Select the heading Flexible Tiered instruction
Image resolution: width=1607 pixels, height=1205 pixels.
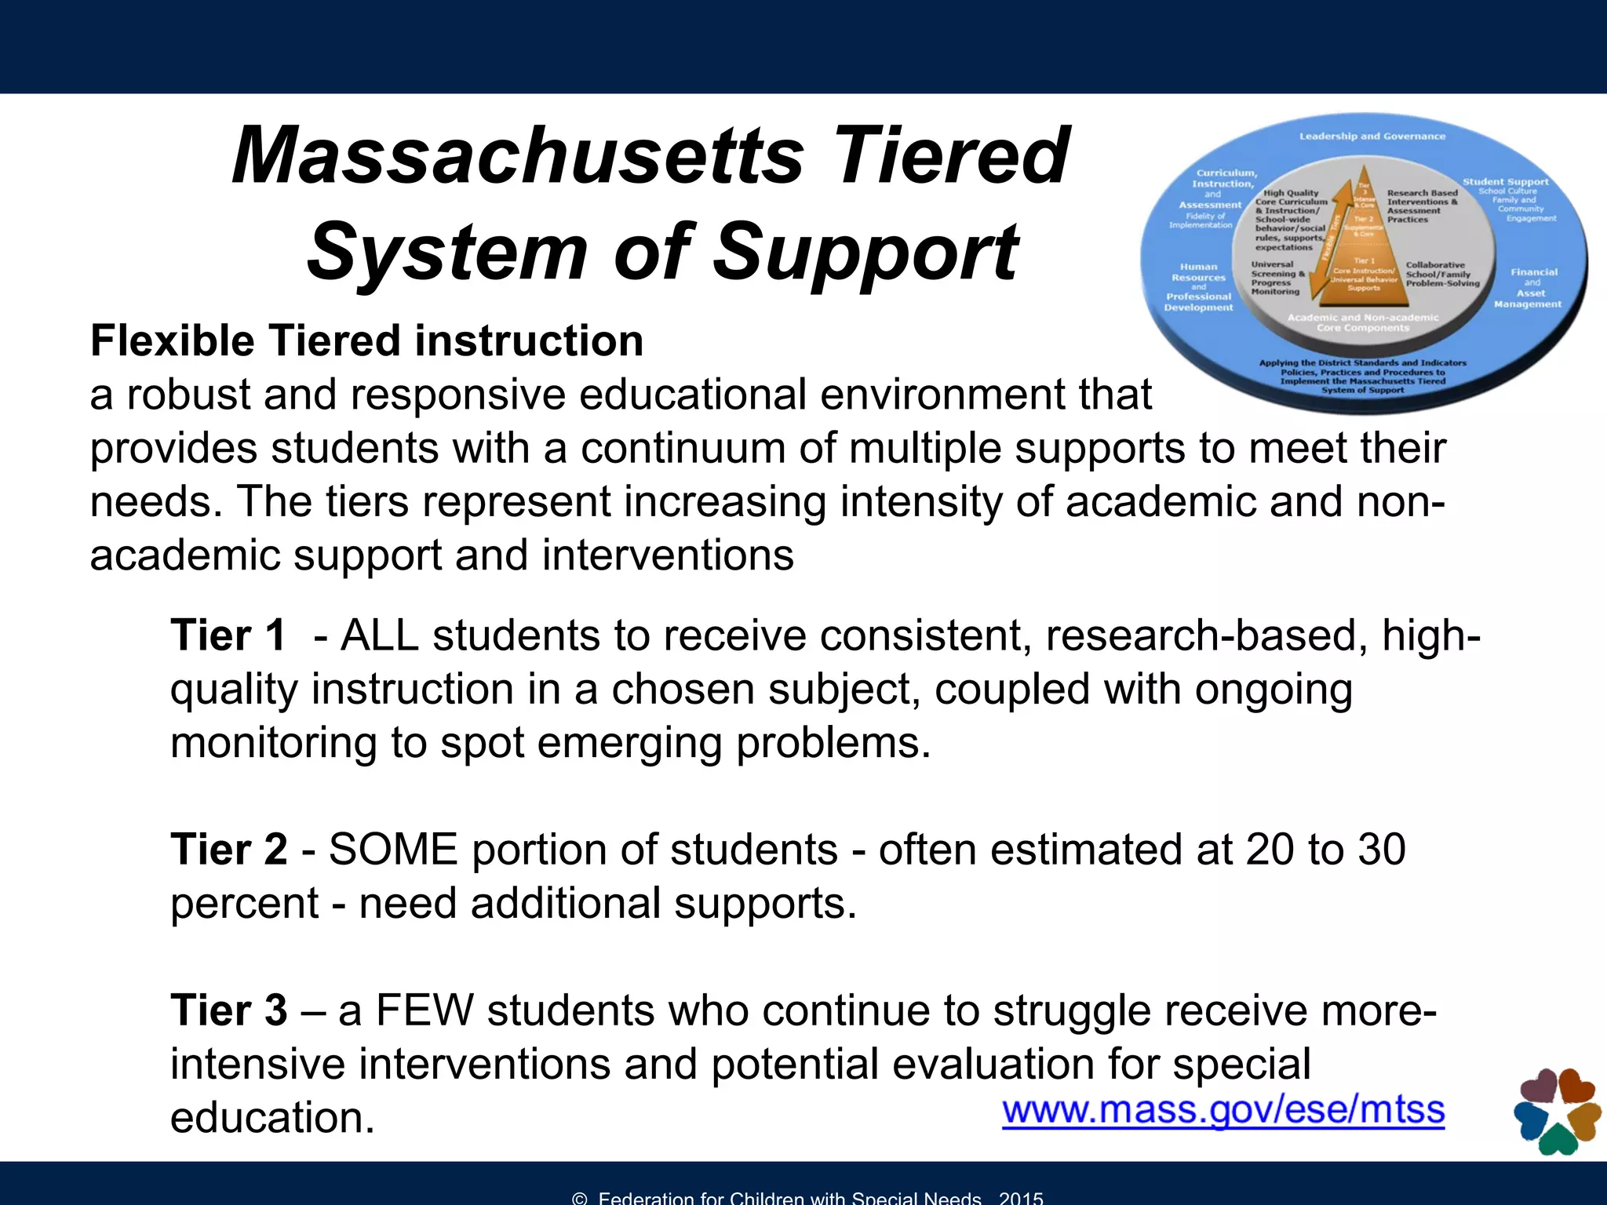tap(366, 341)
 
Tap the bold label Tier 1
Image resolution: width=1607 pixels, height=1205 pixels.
tap(228, 635)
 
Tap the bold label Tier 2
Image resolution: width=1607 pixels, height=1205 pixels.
tap(228, 850)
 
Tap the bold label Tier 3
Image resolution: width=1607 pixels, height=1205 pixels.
tap(228, 1010)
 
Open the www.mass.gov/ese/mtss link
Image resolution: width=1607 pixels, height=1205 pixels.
tap(1223, 1111)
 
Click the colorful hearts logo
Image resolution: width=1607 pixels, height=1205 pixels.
tap(1557, 1111)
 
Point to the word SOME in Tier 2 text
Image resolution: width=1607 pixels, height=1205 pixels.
tap(392, 850)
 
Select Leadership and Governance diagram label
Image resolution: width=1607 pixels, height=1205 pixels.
tap(1372, 137)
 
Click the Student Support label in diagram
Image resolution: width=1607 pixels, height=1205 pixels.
tap(1505, 182)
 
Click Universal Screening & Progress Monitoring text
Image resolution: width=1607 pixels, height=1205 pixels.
tap(1277, 278)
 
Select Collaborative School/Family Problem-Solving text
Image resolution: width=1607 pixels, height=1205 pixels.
tap(1442, 275)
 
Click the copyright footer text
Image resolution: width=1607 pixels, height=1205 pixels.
tap(808, 1197)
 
